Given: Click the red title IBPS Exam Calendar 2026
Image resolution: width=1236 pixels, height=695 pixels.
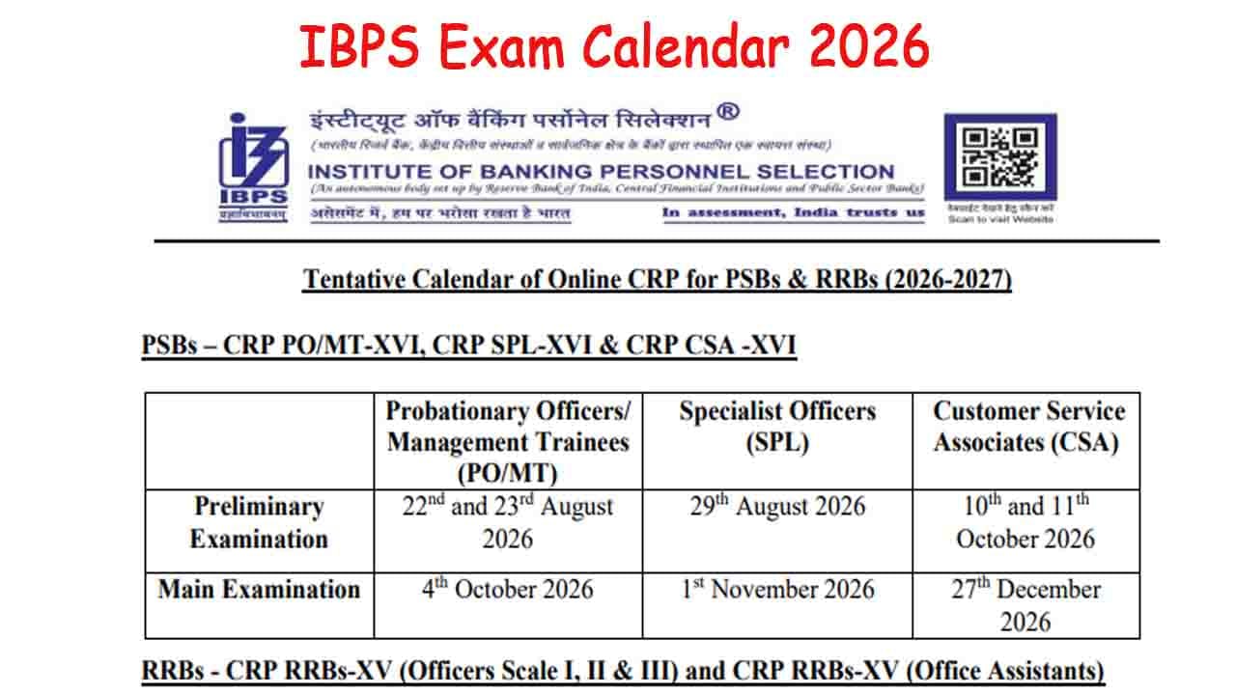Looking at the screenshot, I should click(x=614, y=46).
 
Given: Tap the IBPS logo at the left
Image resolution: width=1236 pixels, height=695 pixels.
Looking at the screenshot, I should click(x=252, y=167).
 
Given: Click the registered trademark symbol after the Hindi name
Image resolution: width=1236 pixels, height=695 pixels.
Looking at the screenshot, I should click(x=728, y=112).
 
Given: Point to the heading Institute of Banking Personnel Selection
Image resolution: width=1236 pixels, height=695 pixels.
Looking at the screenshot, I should click(x=601, y=171).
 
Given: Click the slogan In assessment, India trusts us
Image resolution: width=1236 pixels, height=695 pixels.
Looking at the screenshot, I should click(x=793, y=212).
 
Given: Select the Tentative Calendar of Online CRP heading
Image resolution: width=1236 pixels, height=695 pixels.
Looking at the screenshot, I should click(x=657, y=280).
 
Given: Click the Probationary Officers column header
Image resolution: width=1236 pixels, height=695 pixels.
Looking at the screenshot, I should click(x=508, y=441).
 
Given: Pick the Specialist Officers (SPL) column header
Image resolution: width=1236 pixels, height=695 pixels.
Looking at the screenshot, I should click(x=777, y=426).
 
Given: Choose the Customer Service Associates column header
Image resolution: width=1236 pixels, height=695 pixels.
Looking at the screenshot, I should click(x=1026, y=426).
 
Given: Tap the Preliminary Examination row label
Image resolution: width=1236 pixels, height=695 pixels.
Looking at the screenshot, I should click(x=259, y=522).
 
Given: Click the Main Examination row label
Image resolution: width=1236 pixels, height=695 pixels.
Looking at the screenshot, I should click(x=259, y=589).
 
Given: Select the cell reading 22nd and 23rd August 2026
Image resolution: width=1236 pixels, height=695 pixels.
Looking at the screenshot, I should click(x=508, y=522).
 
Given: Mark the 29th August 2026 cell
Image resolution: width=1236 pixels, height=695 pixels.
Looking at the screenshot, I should click(x=777, y=507).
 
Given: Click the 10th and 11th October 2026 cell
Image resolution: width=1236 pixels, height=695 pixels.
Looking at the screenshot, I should click(x=1026, y=522).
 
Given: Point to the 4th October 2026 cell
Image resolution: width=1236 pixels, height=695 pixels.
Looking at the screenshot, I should click(x=508, y=589).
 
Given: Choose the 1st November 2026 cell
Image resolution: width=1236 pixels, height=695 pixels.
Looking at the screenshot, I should click(x=777, y=589).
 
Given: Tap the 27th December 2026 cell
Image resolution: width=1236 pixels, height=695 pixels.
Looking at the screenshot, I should click(x=1026, y=604).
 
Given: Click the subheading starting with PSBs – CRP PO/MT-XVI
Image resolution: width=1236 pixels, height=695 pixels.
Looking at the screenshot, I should click(x=468, y=346).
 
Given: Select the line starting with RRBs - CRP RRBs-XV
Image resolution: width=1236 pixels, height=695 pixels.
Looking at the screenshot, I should click(x=623, y=670).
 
